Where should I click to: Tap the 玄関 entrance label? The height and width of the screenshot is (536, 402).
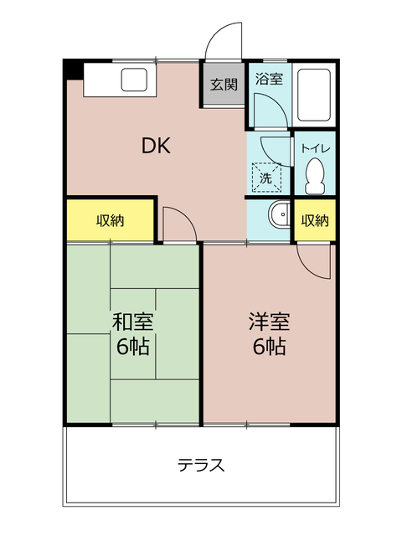224,84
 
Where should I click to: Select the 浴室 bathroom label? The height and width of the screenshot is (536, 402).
269,80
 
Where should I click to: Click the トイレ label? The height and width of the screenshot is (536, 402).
315,149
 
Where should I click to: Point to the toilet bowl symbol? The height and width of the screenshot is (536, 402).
316,176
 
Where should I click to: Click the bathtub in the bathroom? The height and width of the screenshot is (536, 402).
316,94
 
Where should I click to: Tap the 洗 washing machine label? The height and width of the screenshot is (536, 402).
265,178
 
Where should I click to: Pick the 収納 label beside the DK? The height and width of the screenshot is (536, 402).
110,221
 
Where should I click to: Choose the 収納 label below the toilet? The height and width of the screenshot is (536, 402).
315,221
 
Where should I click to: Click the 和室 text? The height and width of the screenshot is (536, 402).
133,322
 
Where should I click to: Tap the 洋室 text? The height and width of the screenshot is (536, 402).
269,321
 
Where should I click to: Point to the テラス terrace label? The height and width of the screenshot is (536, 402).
201,466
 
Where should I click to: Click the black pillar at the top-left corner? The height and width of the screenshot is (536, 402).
72,69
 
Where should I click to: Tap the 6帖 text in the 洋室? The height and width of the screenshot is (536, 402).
269,346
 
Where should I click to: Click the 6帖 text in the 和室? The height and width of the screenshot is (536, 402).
133,347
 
